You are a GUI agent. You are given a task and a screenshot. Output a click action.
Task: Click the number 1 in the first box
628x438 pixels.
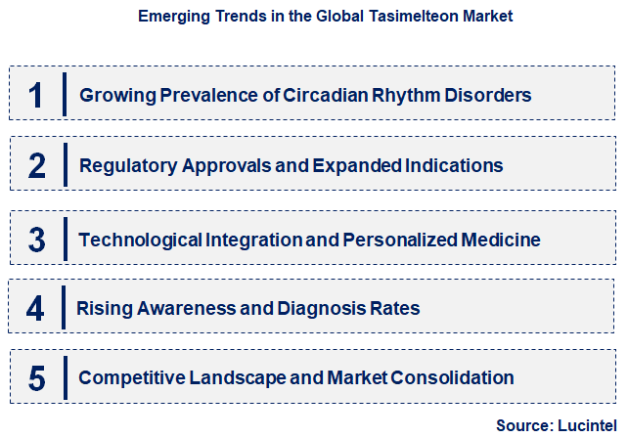[x=36, y=96]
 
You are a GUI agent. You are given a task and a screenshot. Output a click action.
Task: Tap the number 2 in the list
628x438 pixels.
[x=37, y=165]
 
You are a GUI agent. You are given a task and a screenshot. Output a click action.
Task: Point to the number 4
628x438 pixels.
[x=35, y=309]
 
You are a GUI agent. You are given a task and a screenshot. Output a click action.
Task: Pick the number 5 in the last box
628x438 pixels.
[x=37, y=377]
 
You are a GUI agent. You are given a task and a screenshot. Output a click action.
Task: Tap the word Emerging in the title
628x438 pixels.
[x=170, y=17]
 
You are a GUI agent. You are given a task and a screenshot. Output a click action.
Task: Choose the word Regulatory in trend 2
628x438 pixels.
[x=122, y=166]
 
